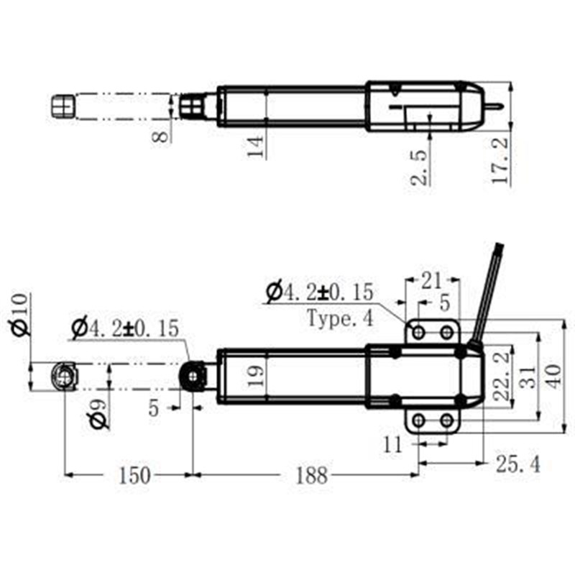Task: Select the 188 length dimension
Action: click(310, 475)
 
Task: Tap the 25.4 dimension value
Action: click(517, 464)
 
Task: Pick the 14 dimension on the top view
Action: click(257, 145)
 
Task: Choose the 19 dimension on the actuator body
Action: click(257, 375)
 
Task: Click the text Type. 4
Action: click(340, 318)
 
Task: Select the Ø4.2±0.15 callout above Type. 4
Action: click(320, 293)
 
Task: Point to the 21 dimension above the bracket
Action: click(431, 277)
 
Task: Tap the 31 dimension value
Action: click(528, 376)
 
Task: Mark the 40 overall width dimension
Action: click(553, 376)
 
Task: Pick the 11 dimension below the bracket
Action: click(393, 445)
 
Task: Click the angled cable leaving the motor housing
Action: click(489, 287)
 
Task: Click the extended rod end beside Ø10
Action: click(63, 376)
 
